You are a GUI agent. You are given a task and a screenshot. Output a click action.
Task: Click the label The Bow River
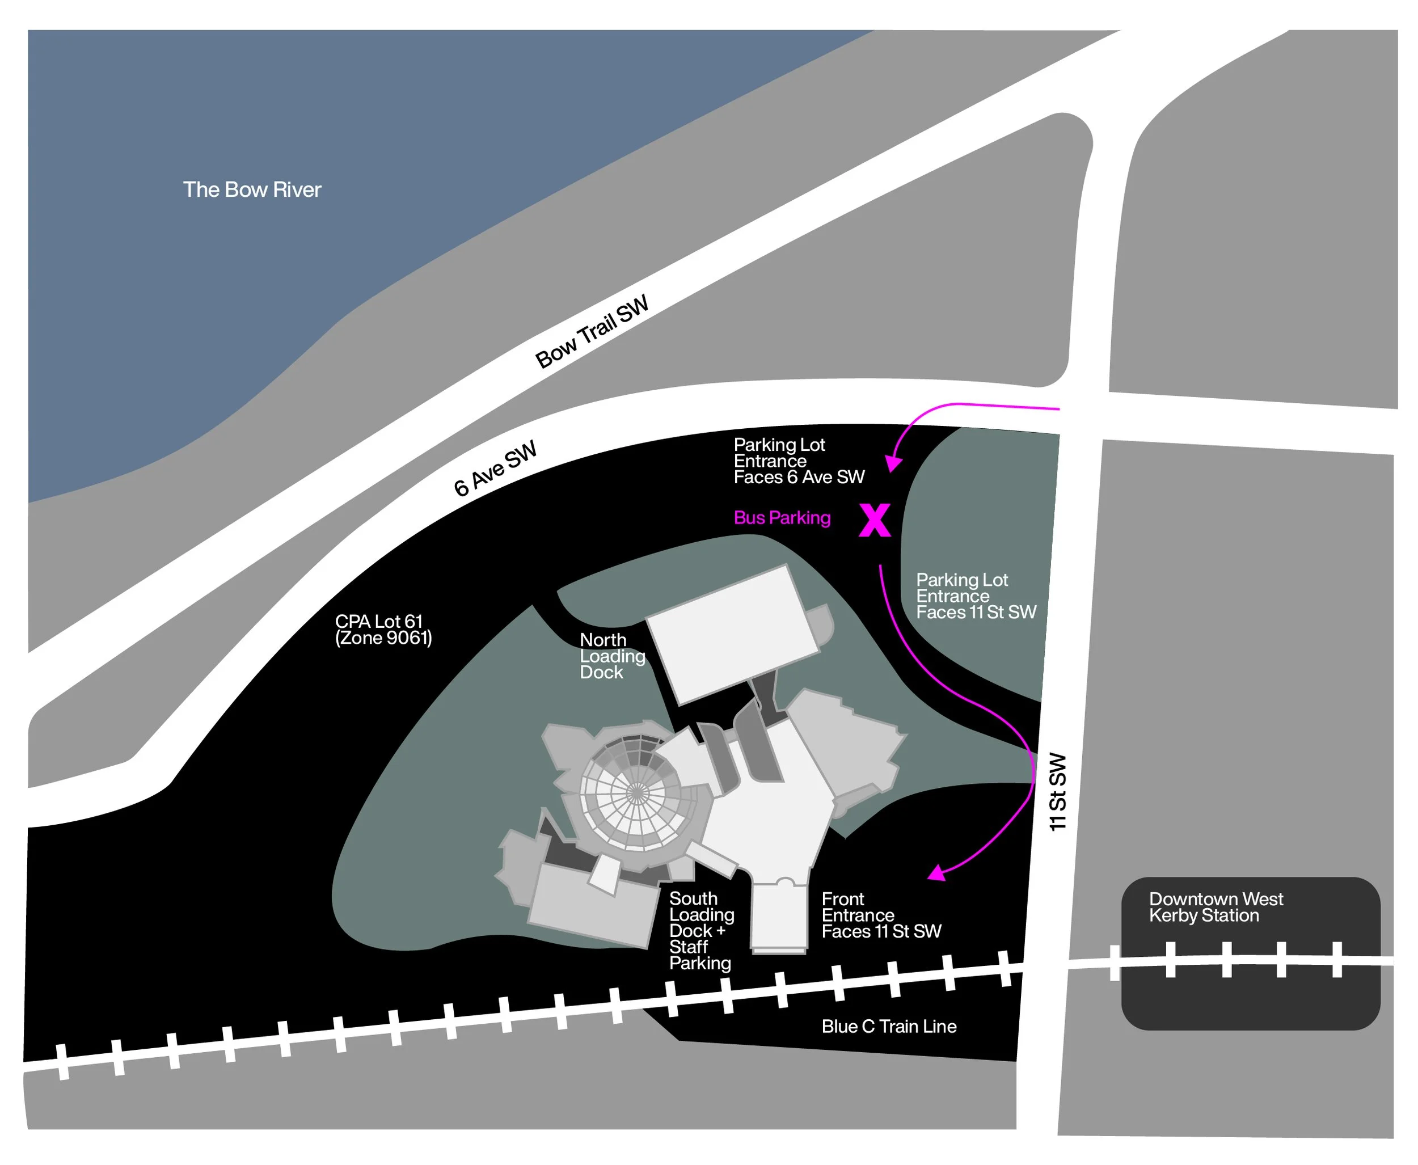(x=252, y=190)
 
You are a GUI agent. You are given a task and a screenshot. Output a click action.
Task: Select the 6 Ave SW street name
(x=495, y=468)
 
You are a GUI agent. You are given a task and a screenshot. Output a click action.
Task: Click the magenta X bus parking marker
(x=875, y=521)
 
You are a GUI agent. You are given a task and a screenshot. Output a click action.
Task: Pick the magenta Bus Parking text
(x=782, y=518)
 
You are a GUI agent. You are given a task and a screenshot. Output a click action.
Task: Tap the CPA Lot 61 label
(x=379, y=622)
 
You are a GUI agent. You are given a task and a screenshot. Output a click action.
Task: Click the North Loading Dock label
(x=611, y=656)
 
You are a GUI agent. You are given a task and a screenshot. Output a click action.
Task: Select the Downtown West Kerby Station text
(x=1216, y=907)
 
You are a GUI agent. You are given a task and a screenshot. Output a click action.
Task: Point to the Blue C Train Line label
(x=888, y=1027)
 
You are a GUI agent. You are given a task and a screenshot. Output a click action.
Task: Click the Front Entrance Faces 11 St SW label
(x=880, y=915)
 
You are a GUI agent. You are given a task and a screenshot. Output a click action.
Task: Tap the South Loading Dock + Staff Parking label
(x=700, y=931)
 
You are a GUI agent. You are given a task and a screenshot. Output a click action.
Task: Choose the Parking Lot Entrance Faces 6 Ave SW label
(x=799, y=461)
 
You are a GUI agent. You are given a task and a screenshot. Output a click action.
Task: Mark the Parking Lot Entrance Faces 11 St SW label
(x=976, y=597)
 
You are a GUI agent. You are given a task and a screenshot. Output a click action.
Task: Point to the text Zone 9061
(x=384, y=638)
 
